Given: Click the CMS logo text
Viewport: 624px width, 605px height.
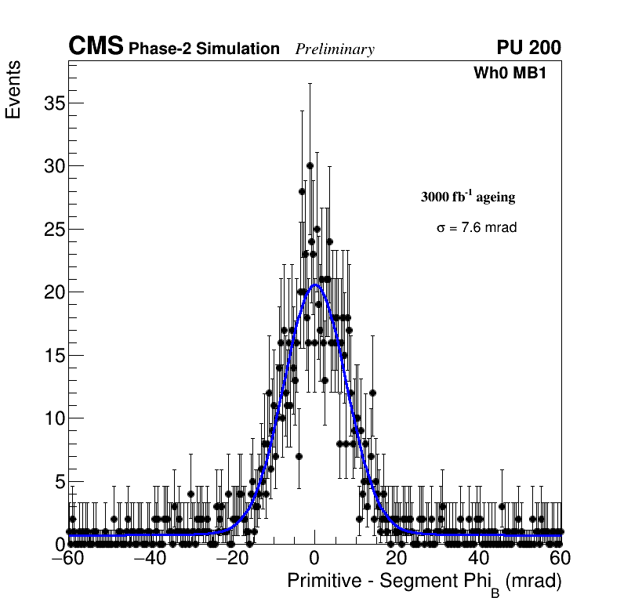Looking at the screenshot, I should pos(96,47).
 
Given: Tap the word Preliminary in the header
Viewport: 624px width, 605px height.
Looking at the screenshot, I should pos(335,49).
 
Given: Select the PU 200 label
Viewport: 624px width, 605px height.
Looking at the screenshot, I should pos(528,48).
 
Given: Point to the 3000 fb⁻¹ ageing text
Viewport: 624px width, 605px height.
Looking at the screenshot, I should pos(468,197).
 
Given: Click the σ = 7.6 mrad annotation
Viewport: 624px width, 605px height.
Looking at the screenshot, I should pos(477,227).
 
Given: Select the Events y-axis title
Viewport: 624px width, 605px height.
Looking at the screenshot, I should pos(13,90).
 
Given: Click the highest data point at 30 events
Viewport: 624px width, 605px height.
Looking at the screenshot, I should pos(310,165).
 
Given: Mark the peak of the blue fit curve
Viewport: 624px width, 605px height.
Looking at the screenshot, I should pos(315,285).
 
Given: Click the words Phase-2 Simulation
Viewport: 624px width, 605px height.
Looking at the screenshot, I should pos(204,49).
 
